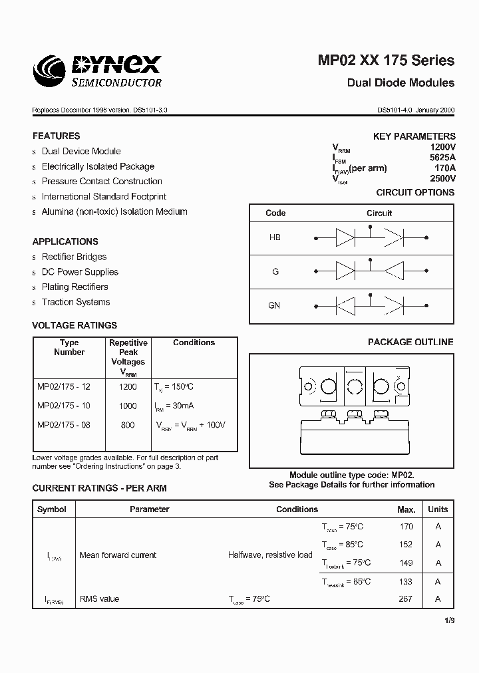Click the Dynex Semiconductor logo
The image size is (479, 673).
[97, 70]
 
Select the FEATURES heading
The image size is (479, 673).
[56, 136]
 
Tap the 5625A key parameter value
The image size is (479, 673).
[442, 158]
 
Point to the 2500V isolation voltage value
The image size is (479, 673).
[442, 178]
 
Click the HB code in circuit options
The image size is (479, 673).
[275, 237]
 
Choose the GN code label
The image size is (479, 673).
[274, 305]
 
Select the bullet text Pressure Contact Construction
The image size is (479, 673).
[102, 181]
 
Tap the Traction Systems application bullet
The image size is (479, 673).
[76, 302]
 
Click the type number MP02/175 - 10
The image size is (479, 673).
[64, 406]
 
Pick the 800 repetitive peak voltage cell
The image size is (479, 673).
[128, 425]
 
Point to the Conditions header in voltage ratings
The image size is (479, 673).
[194, 342]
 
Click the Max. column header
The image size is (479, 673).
[406, 509]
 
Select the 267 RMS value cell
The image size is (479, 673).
[405, 599]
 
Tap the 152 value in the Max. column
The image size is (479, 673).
[405, 544]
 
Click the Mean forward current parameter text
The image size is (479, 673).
[118, 555]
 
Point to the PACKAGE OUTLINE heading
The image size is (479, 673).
[410, 342]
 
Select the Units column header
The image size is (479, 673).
[438, 509]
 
